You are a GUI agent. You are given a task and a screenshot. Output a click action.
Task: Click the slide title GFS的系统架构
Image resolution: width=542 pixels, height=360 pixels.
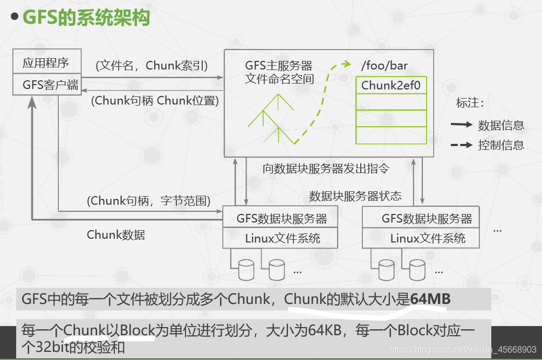pos(86,17)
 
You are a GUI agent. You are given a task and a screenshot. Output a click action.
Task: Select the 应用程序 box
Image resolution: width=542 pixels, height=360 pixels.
pos(46,63)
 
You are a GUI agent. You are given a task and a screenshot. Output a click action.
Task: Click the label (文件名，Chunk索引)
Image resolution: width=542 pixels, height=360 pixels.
pos(152,65)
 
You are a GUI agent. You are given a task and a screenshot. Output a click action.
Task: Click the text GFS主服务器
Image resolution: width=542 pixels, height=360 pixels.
pos(278,66)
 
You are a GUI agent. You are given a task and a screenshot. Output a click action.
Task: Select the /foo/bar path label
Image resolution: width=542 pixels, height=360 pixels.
pos(384,66)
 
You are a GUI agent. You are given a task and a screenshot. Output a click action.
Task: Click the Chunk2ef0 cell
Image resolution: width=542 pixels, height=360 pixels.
pos(390,85)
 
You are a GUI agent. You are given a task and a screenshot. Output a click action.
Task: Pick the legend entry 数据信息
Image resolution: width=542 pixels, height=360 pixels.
pos(500,126)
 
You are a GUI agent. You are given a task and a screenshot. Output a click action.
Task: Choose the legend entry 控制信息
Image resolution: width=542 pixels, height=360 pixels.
pos(500,145)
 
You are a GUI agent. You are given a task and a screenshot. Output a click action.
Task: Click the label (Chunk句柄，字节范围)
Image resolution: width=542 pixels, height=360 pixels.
pos(148,201)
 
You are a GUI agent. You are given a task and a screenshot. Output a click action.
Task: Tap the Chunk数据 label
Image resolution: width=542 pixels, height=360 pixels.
pos(115,234)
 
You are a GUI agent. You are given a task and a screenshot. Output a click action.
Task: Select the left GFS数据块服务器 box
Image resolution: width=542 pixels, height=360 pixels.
pos(282,218)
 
